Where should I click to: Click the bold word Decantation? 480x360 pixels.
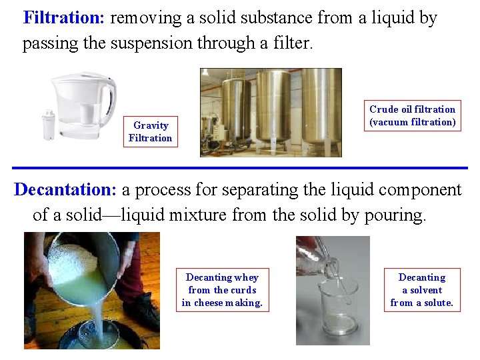[65, 190]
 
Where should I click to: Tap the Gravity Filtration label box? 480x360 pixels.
[150, 132]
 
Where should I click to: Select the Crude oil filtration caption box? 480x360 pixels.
[413, 116]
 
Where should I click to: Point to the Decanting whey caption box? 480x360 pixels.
[222, 290]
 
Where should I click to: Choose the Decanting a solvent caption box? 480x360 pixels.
[421, 290]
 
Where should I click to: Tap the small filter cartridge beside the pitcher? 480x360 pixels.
[49, 125]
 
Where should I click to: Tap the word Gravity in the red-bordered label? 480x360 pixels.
[151, 125]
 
